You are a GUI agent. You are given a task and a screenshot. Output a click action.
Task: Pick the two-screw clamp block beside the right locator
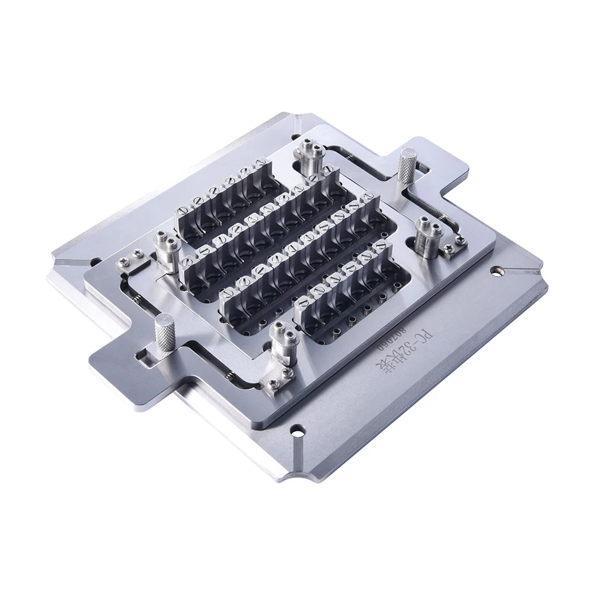tap(455, 243)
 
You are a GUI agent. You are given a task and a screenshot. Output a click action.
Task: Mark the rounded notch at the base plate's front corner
tap(300, 475)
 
